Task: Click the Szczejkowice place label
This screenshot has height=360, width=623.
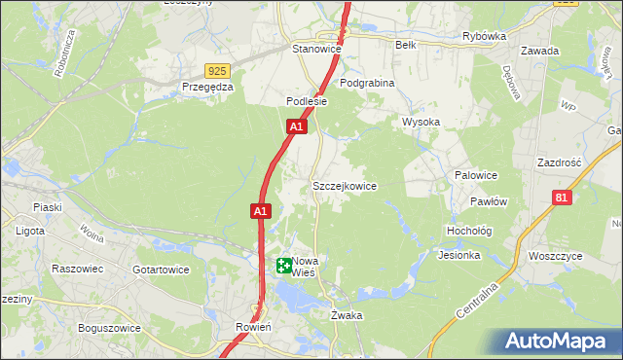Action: (344, 186)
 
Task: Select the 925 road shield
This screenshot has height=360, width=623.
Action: (218, 71)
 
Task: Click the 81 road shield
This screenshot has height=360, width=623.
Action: (561, 198)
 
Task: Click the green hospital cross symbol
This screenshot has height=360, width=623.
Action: (283, 265)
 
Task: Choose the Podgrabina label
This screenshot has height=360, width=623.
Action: (367, 84)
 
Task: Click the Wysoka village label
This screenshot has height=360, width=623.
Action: (421, 123)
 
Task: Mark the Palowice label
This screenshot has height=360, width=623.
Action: (476, 175)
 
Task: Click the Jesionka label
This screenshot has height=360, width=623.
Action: (459, 256)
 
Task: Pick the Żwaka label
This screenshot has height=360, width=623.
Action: (347, 316)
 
